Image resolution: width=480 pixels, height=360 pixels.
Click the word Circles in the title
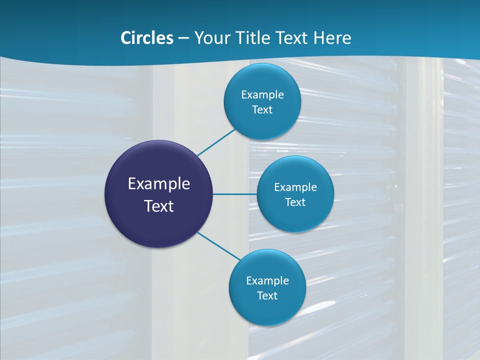(x=146, y=38)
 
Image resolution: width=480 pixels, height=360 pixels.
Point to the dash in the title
(x=183, y=38)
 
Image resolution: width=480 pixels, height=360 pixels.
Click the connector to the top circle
(x=216, y=142)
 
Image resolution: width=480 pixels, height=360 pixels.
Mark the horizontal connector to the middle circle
(x=235, y=194)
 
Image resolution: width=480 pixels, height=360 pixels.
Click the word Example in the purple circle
(x=159, y=184)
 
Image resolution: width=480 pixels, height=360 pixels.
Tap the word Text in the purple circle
(x=159, y=206)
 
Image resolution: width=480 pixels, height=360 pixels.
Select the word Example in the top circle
(x=262, y=95)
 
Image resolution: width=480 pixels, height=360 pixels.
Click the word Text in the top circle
(x=262, y=110)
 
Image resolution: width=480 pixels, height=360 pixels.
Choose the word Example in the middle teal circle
(x=295, y=187)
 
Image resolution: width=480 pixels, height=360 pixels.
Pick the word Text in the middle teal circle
(x=295, y=202)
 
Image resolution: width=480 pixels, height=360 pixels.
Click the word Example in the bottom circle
(x=267, y=281)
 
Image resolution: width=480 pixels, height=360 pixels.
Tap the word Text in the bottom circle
(x=267, y=296)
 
